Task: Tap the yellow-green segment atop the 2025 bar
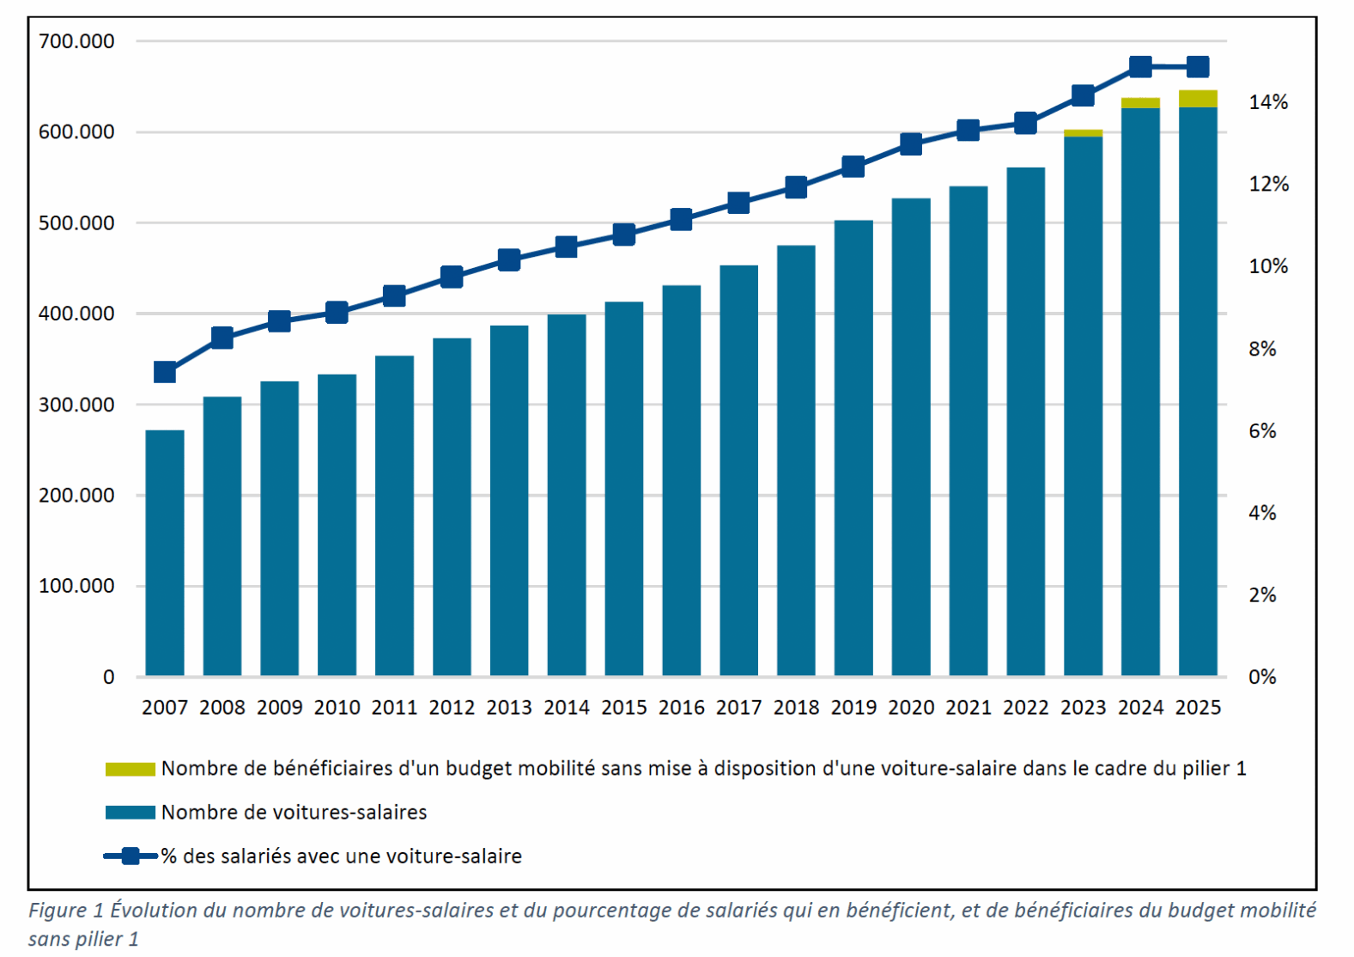[x=1198, y=99]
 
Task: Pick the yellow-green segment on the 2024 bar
[x=1140, y=103]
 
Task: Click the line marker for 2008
[x=222, y=338]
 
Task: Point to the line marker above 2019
[x=853, y=167]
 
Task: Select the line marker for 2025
[x=1198, y=67]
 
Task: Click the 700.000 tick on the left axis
[x=76, y=41]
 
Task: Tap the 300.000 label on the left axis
[x=76, y=405]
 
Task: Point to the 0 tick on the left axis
[x=108, y=677]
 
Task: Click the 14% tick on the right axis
[x=1268, y=102]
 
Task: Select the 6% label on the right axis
[x=1262, y=431]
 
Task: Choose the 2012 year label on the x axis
[x=452, y=708]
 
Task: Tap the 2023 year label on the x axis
[x=1083, y=708]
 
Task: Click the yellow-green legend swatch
[x=130, y=769]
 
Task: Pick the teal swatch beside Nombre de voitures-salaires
[x=130, y=813]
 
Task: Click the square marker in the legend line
[x=131, y=856]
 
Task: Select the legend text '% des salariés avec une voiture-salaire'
[x=342, y=856]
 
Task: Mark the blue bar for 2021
[x=968, y=430]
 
